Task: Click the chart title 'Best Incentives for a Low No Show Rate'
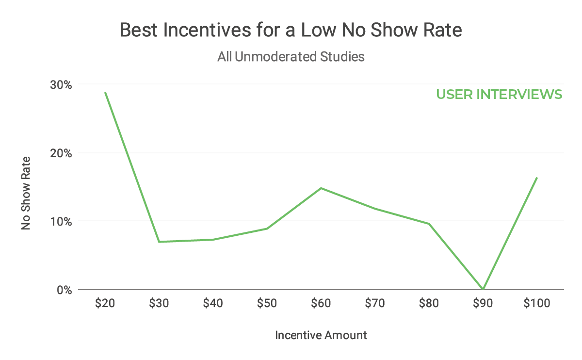(x=291, y=31)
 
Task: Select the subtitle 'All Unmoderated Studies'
(x=291, y=57)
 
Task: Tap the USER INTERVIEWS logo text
(x=499, y=94)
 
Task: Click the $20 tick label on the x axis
(x=105, y=304)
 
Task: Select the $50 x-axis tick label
(x=267, y=304)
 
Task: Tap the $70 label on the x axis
(x=375, y=304)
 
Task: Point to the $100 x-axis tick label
(x=537, y=304)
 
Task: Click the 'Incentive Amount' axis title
(x=321, y=335)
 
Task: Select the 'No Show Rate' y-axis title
(x=26, y=193)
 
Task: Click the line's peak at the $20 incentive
(x=105, y=92)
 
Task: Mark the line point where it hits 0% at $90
(x=483, y=289)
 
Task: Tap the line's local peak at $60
(x=321, y=188)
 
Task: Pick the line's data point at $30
(x=159, y=242)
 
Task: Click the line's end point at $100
(x=537, y=178)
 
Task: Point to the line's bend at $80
(x=429, y=224)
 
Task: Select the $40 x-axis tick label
(x=213, y=304)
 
